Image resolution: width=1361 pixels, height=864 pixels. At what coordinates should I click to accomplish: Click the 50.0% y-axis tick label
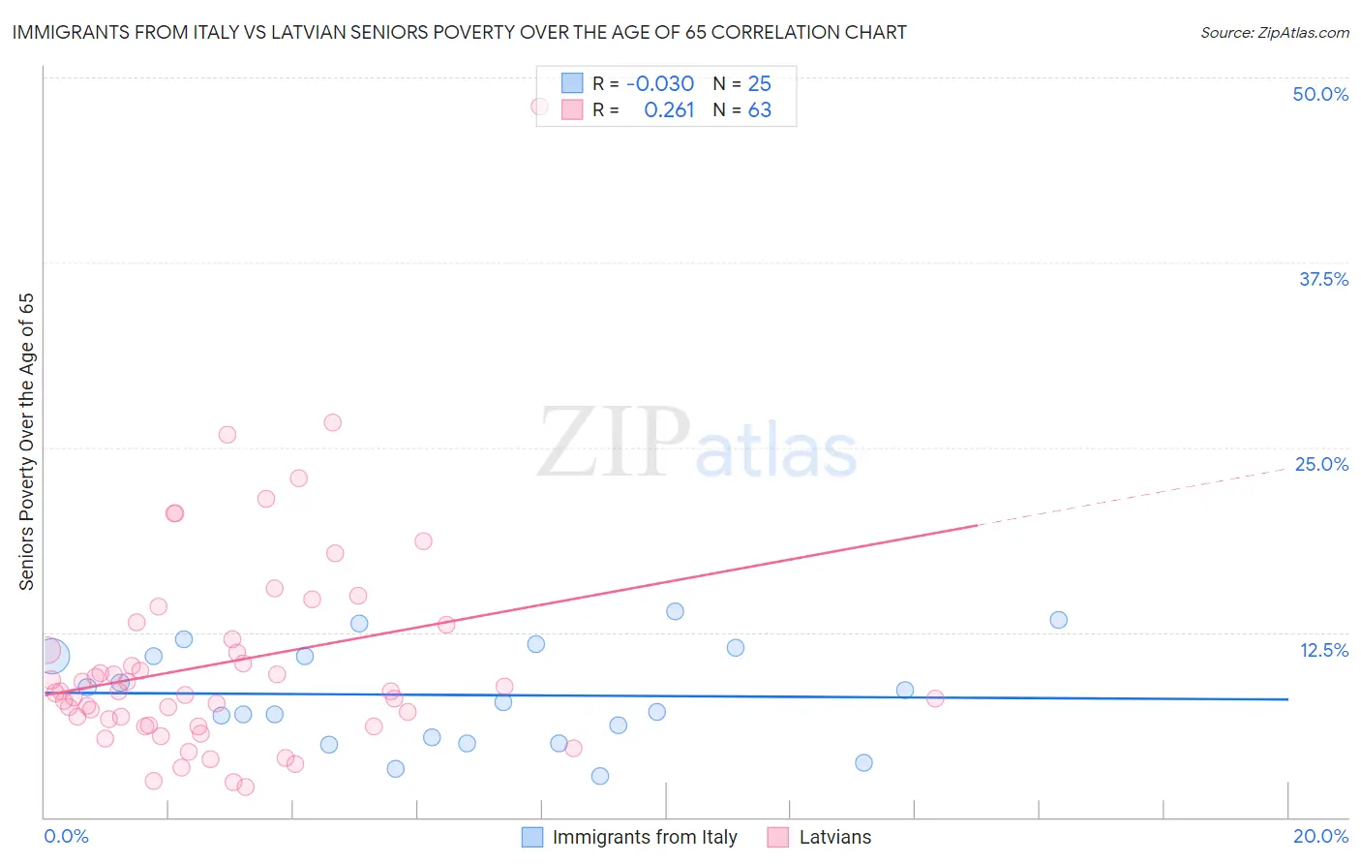(1320, 94)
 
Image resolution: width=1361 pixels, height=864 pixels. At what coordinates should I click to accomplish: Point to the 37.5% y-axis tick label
(1323, 279)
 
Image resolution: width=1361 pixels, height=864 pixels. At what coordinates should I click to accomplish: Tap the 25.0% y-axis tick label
(1321, 464)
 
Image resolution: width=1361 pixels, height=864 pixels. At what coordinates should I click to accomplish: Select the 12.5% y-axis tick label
(1323, 650)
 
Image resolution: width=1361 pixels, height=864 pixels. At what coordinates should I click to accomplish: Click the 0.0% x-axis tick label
(66, 836)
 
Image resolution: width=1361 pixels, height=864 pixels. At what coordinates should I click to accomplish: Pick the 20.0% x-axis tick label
(1320, 836)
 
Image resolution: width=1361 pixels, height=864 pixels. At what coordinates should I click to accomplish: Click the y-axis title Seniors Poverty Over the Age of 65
(26, 442)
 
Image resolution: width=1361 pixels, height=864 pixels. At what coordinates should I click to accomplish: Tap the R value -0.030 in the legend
(660, 84)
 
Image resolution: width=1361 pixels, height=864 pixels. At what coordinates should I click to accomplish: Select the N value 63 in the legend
(760, 110)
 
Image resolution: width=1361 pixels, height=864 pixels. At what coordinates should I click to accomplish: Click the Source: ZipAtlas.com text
(1274, 33)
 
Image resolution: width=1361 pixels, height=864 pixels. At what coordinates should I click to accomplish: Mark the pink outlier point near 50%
(540, 107)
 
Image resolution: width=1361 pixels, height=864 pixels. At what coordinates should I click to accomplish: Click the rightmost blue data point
(1058, 620)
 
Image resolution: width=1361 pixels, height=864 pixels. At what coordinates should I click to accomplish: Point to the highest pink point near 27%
(332, 422)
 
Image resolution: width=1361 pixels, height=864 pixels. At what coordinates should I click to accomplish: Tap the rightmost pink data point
(935, 698)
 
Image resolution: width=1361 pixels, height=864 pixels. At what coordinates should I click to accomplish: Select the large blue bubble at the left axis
(52, 656)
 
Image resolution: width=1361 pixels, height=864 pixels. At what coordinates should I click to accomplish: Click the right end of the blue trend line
(1287, 699)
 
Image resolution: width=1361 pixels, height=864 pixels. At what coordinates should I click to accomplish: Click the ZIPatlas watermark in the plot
(697, 444)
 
